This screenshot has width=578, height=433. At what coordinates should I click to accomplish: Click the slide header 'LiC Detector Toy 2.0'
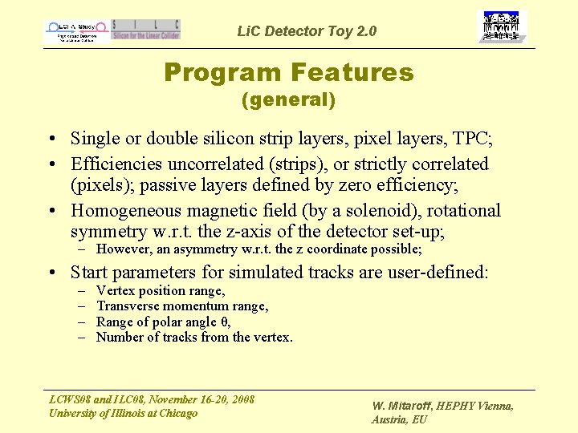(307, 31)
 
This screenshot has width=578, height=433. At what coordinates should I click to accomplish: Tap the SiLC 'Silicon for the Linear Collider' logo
(146, 30)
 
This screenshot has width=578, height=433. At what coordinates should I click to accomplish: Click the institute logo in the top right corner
(502, 27)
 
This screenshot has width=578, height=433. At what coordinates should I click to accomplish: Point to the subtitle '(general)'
(288, 100)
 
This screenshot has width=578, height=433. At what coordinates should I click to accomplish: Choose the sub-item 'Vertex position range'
(161, 291)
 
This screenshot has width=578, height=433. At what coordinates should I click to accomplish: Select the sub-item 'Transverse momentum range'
(182, 306)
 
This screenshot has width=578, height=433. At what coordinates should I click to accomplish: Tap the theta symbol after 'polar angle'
(213, 322)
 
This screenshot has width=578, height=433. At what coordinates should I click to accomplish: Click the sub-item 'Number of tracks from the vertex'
(194, 337)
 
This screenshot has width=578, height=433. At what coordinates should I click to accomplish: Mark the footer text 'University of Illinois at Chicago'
(123, 413)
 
